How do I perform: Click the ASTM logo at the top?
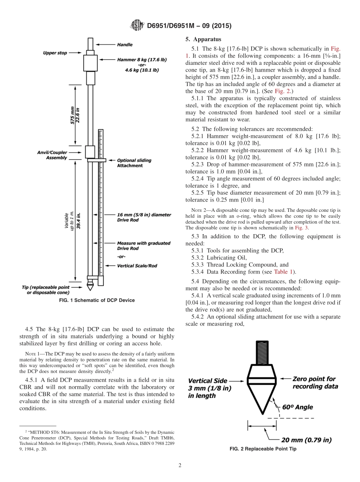pyautogui.click(x=137, y=26)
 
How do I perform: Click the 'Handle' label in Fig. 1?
pyautogui.click(x=125, y=45)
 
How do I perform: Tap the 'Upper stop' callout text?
pyautogui.click(x=55, y=53)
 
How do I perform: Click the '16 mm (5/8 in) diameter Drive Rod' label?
pyautogui.click(x=144, y=218)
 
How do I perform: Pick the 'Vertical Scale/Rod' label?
pyautogui.click(x=137, y=266)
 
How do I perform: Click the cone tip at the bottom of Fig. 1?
pyautogui.click(x=90, y=286)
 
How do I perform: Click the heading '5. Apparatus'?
pyautogui.click(x=203, y=39)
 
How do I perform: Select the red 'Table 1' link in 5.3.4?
pyautogui.click(x=284, y=272)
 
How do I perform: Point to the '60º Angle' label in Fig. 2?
pyautogui.click(x=297, y=407)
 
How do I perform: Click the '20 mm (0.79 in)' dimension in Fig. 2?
pyautogui.click(x=306, y=440)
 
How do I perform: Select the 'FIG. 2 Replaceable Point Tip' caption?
pyautogui.click(x=263, y=449)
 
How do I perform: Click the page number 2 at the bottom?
pyautogui.click(x=180, y=466)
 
